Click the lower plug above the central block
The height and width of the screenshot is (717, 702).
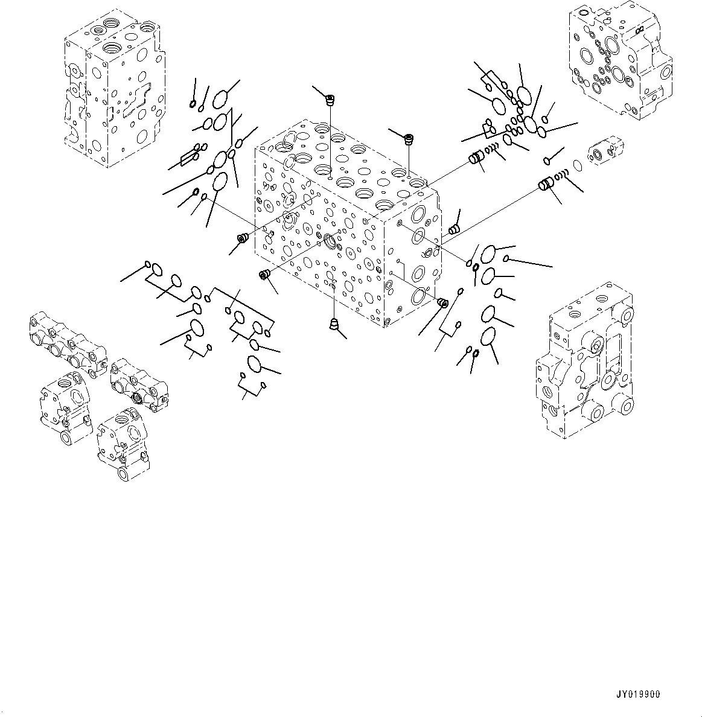tap(409, 139)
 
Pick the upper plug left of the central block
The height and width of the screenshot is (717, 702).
tap(243, 239)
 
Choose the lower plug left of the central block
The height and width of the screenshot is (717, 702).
tap(263, 275)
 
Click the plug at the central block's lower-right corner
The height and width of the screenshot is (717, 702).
tap(442, 302)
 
